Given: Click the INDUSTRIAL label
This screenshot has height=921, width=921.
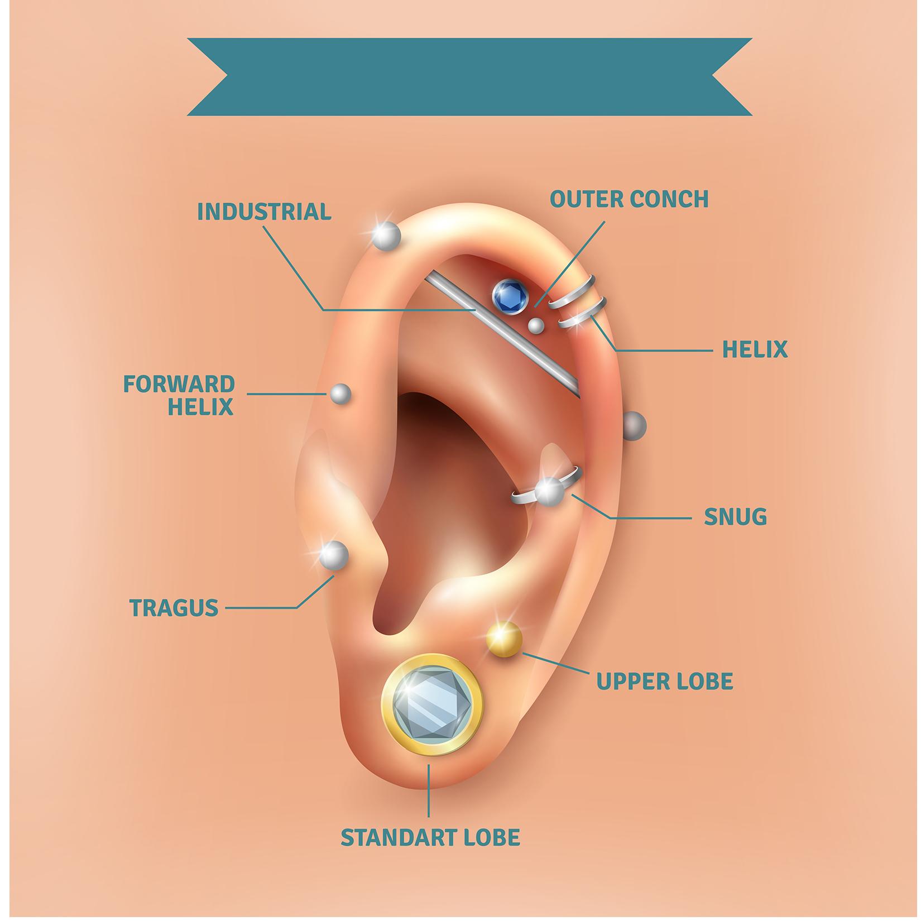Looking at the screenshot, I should coord(264,212).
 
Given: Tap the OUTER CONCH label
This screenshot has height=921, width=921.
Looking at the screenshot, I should coord(629,199).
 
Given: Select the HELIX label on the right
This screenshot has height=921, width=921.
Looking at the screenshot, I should coord(755,350).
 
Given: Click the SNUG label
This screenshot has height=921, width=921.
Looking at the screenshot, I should coord(735,517).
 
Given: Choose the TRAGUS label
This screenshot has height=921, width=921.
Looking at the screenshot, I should coord(174,607).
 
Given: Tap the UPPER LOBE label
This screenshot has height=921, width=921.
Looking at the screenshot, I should coord(664,682).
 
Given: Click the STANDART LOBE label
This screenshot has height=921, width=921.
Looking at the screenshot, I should coord(430,838).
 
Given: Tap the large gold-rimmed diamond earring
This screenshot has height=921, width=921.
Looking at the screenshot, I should coord(430,704).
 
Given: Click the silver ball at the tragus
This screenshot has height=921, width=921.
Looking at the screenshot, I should coord(334,555).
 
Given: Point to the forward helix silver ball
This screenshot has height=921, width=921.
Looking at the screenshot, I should coord(340,395).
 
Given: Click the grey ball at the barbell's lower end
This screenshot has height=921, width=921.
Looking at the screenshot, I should coord(634,425).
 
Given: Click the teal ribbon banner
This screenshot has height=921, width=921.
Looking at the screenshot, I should coord(469,77).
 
